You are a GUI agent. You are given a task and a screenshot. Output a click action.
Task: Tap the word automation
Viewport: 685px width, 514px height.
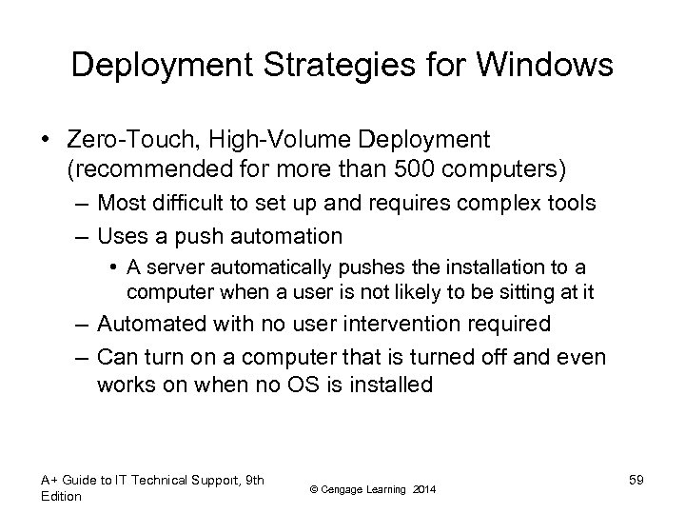[x=293, y=234]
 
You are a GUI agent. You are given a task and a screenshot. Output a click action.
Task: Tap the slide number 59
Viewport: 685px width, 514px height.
[x=636, y=479]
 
